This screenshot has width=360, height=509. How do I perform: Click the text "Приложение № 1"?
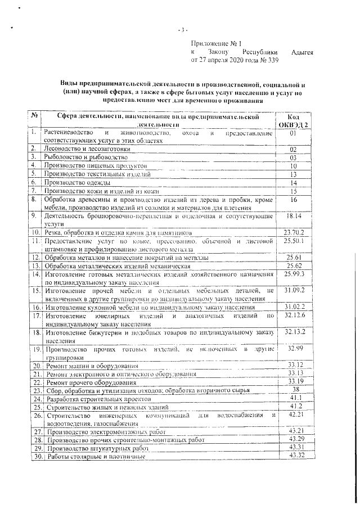(216, 44)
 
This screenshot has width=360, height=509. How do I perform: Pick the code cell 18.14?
(294, 216)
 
